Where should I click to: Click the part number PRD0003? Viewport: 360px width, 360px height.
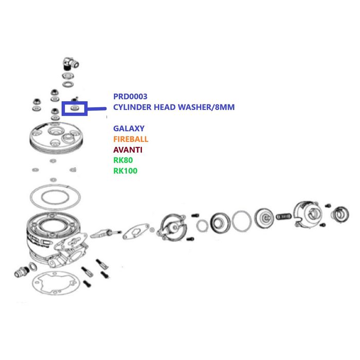pos(130,97)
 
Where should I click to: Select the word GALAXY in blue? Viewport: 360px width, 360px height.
pos(129,129)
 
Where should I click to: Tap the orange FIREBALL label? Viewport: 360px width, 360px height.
pos(131,139)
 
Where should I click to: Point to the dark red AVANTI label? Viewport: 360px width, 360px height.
pos(128,150)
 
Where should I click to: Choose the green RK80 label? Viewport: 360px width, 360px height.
pos(123,160)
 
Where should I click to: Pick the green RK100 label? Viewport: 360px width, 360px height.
pos(125,171)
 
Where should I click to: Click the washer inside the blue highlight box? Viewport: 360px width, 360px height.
pos(75,108)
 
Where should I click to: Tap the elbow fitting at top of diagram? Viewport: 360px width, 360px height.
pos(71,63)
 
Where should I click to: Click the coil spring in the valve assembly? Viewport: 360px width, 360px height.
pos(283,217)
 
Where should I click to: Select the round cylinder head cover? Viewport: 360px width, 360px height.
pos(56,137)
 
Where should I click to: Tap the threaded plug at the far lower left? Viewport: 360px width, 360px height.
pos(22,272)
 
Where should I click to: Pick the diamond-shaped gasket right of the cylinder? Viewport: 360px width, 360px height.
pos(136,231)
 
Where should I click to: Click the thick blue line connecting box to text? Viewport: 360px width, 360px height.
pos(97,109)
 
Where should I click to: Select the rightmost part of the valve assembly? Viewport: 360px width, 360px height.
pos(340,215)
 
